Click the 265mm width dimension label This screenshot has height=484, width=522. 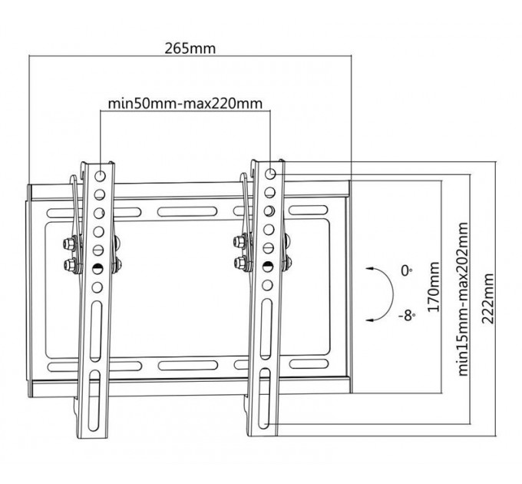[x=190, y=48]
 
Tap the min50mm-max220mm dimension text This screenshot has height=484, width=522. [x=185, y=104]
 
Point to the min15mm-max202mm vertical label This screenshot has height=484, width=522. [x=463, y=299]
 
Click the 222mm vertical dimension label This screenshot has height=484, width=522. [x=487, y=298]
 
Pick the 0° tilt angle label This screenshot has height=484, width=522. [x=406, y=270]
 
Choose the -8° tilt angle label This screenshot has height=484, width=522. [x=407, y=315]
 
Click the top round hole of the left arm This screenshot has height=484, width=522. [x=100, y=175]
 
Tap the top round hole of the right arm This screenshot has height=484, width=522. [x=270, y=174]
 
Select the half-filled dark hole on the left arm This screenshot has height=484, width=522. [x=98, y=268]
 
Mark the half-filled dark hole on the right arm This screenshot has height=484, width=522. [x=268, y=267]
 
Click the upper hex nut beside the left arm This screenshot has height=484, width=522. [x=68, y=244]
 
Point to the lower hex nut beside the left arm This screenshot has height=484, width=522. [x=69, y=265]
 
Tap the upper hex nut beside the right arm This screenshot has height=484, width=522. [x=240, y=241]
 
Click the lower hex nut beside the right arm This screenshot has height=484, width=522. [x=240, y=263]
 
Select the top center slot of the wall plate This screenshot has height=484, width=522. [x=187, y=211]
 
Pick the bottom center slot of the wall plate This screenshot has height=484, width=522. [x=188, y=365]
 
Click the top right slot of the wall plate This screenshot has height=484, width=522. [x=309, y=211]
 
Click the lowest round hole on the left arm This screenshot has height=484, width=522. [x=97, y=287]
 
